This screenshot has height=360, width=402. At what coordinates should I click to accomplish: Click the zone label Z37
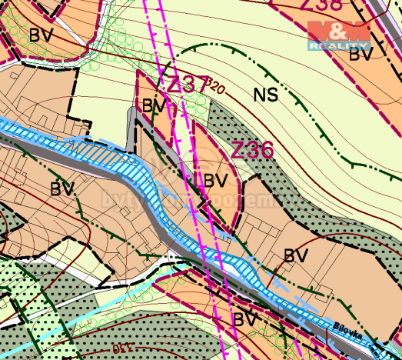click(182, 84)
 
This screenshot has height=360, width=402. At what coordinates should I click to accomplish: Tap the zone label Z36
click(252, 149)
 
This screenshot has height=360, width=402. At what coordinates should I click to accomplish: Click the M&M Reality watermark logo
click(339, 35)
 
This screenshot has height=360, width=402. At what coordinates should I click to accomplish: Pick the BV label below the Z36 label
click(215, 180)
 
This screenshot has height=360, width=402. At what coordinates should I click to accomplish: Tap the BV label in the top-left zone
click(40, 35)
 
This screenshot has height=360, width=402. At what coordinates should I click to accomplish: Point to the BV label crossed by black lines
click(245, 318)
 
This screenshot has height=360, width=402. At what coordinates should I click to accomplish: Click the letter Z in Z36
click(238, 149)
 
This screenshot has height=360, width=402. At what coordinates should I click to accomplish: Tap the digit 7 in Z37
click(198, 84)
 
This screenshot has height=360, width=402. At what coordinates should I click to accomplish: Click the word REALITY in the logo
click(339, 46)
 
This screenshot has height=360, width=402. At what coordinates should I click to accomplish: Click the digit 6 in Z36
click(266, 149)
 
